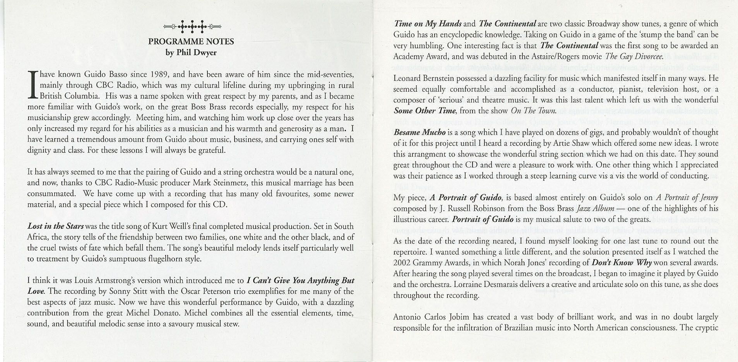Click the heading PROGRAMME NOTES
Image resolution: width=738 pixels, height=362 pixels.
191,41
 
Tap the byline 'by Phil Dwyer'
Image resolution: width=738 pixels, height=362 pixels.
191,52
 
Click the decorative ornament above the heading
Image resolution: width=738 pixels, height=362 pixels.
192,27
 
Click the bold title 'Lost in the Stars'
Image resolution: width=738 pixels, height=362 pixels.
55,226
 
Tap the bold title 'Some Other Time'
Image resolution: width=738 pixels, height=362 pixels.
425,111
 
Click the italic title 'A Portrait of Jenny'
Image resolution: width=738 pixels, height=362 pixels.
687,197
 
